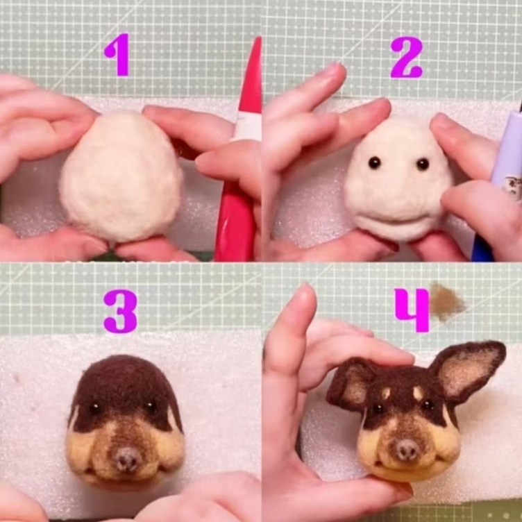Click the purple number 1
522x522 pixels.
[x=118, y=55]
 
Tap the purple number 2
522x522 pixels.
[x=407, y=57]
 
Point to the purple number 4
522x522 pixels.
[x=412, y=310]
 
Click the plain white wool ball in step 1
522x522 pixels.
[x=121, y=177]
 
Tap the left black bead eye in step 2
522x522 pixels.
[x=375, y=162]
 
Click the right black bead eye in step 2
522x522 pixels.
[x=422, y=164]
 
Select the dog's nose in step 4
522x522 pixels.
[x=406, y=450]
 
